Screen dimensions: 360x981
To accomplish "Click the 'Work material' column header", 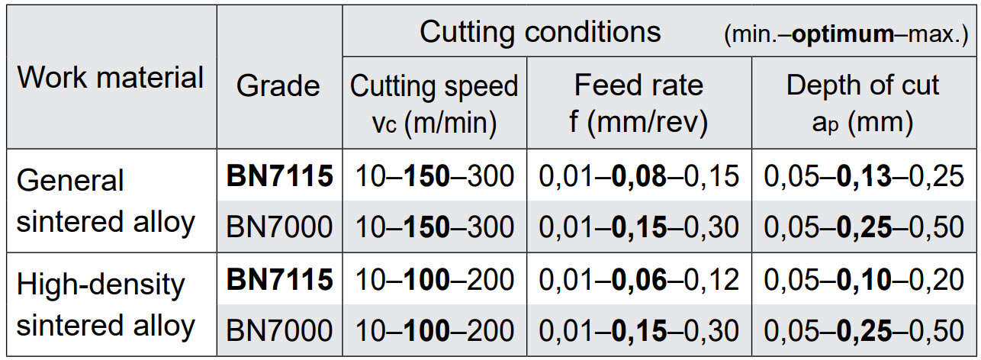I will [x=111, y=78].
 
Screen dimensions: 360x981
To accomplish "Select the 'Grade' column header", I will [x=278, y=85].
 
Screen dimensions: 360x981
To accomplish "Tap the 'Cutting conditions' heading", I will [x=540, y=32].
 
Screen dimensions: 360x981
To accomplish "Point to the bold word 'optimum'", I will [x=842, y=34].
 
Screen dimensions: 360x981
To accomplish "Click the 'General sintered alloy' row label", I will [x=106, y=201].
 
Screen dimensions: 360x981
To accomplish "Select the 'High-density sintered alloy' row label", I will [x=106, y=305].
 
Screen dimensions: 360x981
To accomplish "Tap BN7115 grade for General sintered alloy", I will [x=280, y=176].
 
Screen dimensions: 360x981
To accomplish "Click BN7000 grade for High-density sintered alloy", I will [x=280, y=331].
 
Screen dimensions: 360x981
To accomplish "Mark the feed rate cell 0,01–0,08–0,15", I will [x=639, y=176].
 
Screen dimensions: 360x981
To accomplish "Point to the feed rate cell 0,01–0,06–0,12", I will [x=639, y=279].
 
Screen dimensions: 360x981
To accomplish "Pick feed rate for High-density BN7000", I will [x=639, y=331].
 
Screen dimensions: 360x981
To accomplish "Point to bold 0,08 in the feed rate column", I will [x=639, y=176].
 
